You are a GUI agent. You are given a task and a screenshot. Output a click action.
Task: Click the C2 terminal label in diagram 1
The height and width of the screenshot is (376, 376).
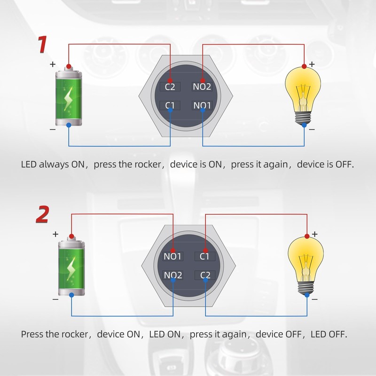[170, 87]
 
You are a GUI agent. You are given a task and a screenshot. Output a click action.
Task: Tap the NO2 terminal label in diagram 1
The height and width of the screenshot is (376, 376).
[202, 87]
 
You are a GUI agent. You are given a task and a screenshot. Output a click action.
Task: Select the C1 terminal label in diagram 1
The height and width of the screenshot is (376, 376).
[170, 105]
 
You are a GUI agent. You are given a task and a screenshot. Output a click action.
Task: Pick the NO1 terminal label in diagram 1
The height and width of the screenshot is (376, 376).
[202, 105]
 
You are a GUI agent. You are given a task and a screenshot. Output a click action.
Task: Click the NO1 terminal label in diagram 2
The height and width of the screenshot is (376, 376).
[173, 257]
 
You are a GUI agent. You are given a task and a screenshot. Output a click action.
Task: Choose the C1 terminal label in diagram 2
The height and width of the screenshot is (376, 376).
[204, 257]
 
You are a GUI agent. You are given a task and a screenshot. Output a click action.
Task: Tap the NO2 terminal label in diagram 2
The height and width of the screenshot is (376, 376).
[173, 275]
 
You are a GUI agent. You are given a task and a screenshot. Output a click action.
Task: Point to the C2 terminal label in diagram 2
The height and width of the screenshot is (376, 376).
[204, 275]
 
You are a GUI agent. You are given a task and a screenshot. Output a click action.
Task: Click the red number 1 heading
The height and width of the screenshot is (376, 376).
[42, 45]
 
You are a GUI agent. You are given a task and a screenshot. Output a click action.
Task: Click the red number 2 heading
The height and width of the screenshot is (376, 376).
[42, 214]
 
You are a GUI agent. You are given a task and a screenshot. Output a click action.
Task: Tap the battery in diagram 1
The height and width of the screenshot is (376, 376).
[69, 97]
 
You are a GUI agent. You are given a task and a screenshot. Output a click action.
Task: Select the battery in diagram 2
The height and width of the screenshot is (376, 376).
[72, 267]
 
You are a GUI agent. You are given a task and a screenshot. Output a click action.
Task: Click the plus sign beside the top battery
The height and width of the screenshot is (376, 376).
[53, 64]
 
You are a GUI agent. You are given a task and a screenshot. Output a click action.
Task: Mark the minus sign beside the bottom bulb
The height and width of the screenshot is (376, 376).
[314, 299]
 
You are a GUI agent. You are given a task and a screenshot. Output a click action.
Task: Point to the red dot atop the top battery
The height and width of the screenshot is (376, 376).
[69, 66]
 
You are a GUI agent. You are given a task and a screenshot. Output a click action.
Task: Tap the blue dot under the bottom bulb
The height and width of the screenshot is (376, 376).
[306, 294]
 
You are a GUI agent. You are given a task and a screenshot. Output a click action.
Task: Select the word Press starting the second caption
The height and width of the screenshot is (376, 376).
[32, 334]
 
